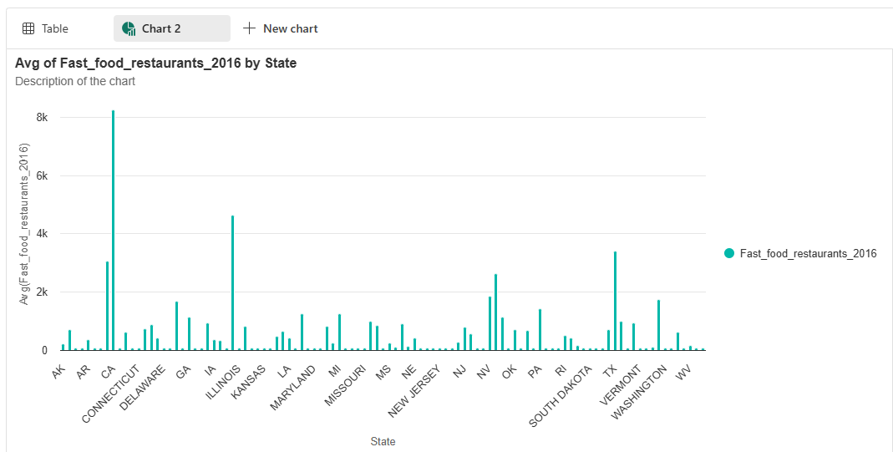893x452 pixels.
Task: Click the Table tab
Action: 46,28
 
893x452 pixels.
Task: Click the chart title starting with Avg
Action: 155,63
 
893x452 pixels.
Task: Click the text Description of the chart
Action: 75,81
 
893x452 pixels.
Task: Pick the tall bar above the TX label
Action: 615,301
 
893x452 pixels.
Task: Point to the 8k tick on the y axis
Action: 41,118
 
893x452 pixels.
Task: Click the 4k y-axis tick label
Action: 41,234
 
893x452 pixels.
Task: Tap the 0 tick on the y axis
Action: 44,351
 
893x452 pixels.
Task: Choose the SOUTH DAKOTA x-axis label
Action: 562,394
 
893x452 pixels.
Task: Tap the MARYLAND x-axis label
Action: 293,386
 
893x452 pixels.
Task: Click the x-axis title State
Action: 383,441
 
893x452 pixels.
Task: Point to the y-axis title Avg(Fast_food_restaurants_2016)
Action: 25,224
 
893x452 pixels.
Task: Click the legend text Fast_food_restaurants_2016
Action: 808,253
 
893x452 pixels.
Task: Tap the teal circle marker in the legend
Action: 729,253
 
